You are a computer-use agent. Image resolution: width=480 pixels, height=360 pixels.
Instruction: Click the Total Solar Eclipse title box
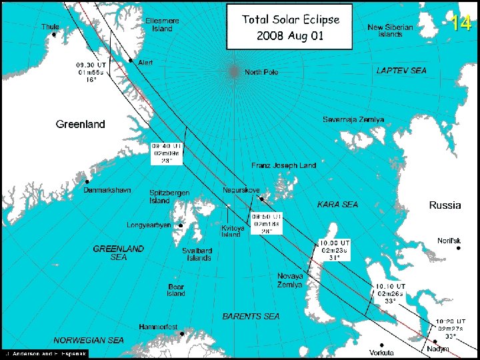(290, 27)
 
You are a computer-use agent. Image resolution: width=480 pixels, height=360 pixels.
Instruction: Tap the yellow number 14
(461, 23)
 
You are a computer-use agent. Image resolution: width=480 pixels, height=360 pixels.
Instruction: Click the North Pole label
(261, 72)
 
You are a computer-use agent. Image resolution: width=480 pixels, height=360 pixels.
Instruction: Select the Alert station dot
(131, 60)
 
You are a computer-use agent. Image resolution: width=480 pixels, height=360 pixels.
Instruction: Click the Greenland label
(80, 125)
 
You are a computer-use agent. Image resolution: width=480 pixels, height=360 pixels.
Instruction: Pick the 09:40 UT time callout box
(167, 153)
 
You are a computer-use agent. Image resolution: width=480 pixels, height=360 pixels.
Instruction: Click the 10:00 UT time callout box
(335, 249)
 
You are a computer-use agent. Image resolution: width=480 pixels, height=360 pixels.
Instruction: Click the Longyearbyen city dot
(181, 225)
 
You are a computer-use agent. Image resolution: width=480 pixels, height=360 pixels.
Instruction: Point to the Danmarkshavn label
(107, 190)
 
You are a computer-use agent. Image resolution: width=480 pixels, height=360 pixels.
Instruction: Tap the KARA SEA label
(337, 204)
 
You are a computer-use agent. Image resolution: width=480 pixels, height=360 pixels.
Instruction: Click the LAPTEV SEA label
(401, 70)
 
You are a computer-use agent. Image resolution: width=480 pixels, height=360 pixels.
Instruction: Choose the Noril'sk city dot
(459, 249)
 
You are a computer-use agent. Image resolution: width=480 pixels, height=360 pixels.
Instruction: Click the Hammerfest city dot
(181, 333)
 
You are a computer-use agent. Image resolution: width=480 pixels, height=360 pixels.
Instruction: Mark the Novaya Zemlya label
(290, 280)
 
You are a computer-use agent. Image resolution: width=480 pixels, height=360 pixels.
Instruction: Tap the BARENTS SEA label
(251, 316)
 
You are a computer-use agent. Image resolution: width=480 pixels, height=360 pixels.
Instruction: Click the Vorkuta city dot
(381, 345)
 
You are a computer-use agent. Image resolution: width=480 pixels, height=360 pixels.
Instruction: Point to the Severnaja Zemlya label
(353, 119)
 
